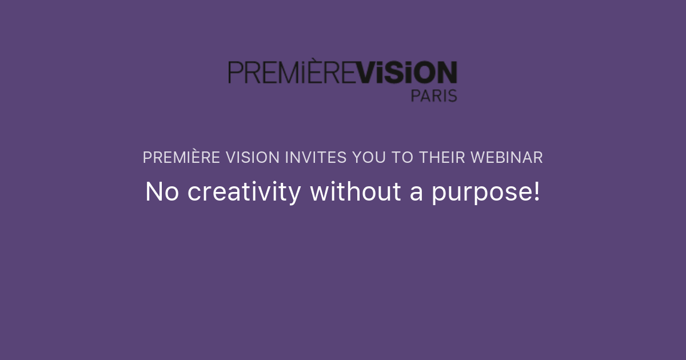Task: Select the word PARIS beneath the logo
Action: point(434,95)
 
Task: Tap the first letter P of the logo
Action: point(234,73)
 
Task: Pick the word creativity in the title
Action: point(244,193)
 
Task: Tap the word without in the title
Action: point(355,192)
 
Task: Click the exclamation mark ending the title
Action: point(536,192)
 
